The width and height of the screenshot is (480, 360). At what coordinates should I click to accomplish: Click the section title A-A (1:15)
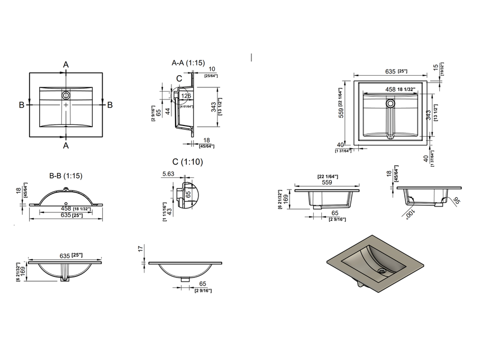coord(188,63)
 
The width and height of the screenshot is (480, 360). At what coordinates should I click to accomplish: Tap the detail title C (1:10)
coord(187,161)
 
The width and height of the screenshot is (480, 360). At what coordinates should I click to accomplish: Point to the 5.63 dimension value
coord(168,173)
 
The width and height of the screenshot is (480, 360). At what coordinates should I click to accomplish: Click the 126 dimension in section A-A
coord(186,96)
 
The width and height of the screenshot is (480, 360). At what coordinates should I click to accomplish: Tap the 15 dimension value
coord(436,67)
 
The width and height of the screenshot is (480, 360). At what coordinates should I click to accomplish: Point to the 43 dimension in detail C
coord(169,210)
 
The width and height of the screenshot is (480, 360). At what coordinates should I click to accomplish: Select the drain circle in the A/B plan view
coord(66,95)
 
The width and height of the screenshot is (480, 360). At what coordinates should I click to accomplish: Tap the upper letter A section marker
coord(66,65)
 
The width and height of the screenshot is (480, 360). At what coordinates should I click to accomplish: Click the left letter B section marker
coord(22,105)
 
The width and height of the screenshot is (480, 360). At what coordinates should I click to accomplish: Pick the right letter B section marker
coord(110,105)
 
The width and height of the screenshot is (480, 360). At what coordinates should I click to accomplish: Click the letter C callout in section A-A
coord(179,78)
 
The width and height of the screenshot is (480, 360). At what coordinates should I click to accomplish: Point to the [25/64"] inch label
coord(211,76)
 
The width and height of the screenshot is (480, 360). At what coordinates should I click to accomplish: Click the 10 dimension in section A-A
coord(212,69)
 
